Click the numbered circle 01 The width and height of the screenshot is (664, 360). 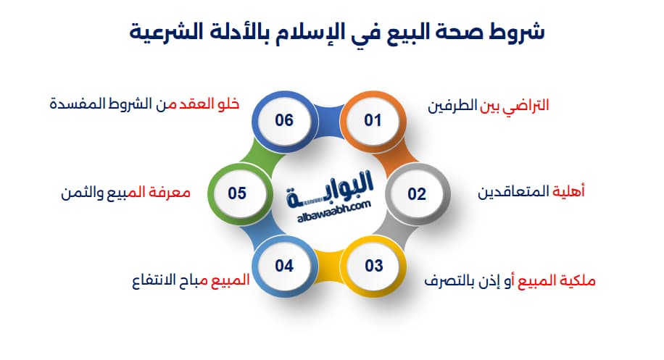(x=372, y=120)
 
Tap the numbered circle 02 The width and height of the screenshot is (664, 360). (x=416, y=193)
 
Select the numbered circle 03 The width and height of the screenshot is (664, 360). (x=373, y=266)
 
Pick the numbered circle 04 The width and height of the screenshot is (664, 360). (x=283, y=266)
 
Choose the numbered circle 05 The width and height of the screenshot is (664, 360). (x=238, y=193)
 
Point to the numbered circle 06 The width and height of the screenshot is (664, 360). (x=283, y=120)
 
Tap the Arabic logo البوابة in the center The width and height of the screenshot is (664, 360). (x=334, y=191)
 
